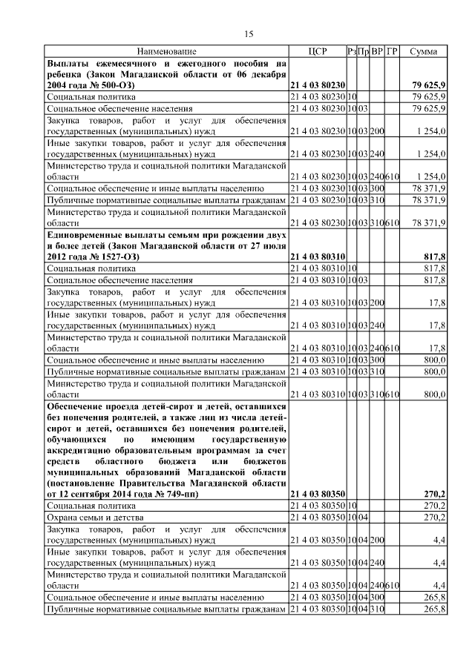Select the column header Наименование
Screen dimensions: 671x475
166,51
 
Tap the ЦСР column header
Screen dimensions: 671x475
317,51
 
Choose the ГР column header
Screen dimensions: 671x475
392,51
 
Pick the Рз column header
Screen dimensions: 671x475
352,51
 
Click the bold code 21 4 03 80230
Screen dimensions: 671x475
317,86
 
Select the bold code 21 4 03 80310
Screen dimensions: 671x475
317,257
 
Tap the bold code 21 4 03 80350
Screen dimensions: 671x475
317,493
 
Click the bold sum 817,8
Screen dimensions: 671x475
433,257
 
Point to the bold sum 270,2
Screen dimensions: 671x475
433,493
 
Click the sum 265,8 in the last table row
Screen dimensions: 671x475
433,609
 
